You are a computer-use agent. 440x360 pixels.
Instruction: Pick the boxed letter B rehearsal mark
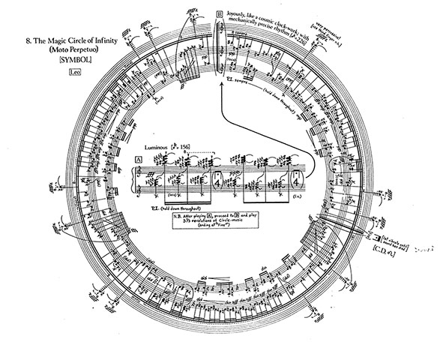click(x=219, y=13)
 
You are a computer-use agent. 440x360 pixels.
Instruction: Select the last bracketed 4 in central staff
click(x=298, y=179)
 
